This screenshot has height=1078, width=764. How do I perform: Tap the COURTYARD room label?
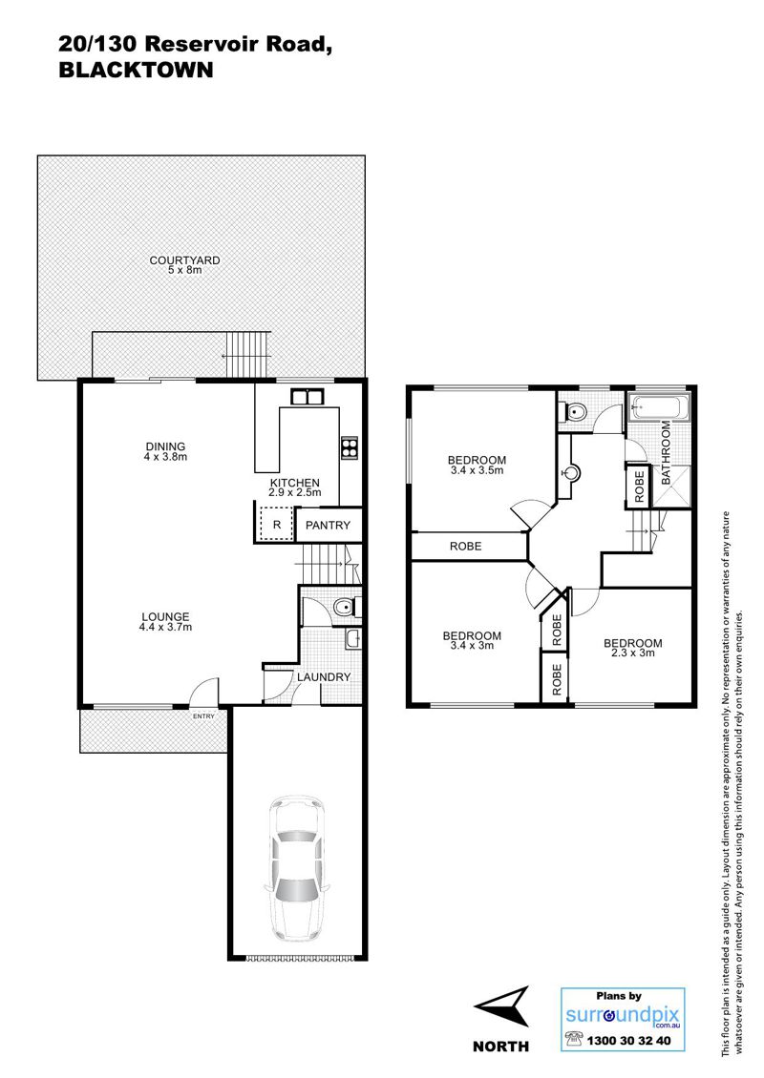[185, 259]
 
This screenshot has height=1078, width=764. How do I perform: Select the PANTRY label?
[328, 526]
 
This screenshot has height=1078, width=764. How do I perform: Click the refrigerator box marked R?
[276, 525]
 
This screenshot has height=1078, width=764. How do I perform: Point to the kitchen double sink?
[307, 397]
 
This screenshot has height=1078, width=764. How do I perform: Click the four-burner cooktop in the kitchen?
[350, 447]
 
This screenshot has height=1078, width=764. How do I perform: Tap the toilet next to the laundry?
[344, 607]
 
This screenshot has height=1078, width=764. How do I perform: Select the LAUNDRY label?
[324, 677]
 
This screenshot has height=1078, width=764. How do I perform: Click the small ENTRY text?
[203, 716]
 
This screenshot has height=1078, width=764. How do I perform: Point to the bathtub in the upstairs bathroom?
[658, 407]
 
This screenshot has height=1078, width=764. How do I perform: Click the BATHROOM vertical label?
[667, 453]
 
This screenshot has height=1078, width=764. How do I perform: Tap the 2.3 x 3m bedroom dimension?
[632, 653]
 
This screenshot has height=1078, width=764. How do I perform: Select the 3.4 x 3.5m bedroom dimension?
[477, 470]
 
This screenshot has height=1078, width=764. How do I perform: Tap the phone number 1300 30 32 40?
[628, 1041]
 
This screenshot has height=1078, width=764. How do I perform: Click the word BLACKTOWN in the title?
[137, 71]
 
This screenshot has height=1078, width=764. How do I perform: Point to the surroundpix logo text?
[623, 1015]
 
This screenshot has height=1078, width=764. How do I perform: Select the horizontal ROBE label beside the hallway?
[466, 547]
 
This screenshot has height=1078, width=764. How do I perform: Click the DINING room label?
[165, 446]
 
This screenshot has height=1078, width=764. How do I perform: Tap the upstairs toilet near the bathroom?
[575, 412]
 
